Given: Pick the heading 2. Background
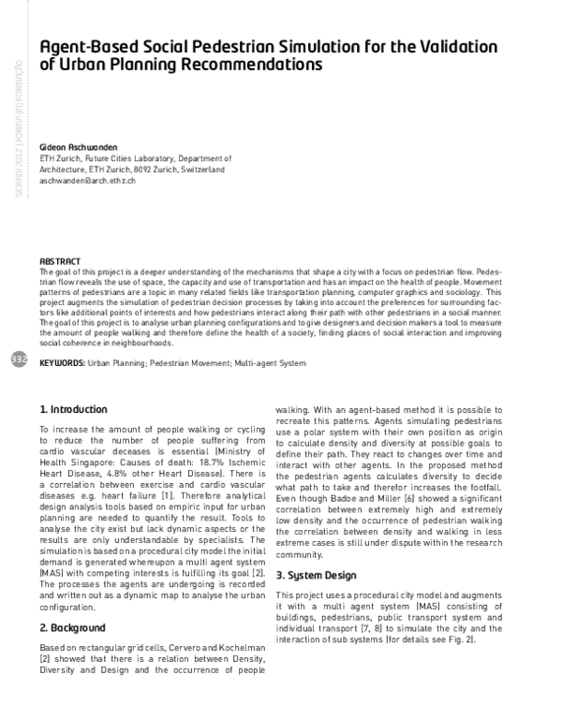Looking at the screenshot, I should [x=72, y=627].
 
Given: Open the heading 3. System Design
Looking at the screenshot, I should [x=318, y=576].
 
